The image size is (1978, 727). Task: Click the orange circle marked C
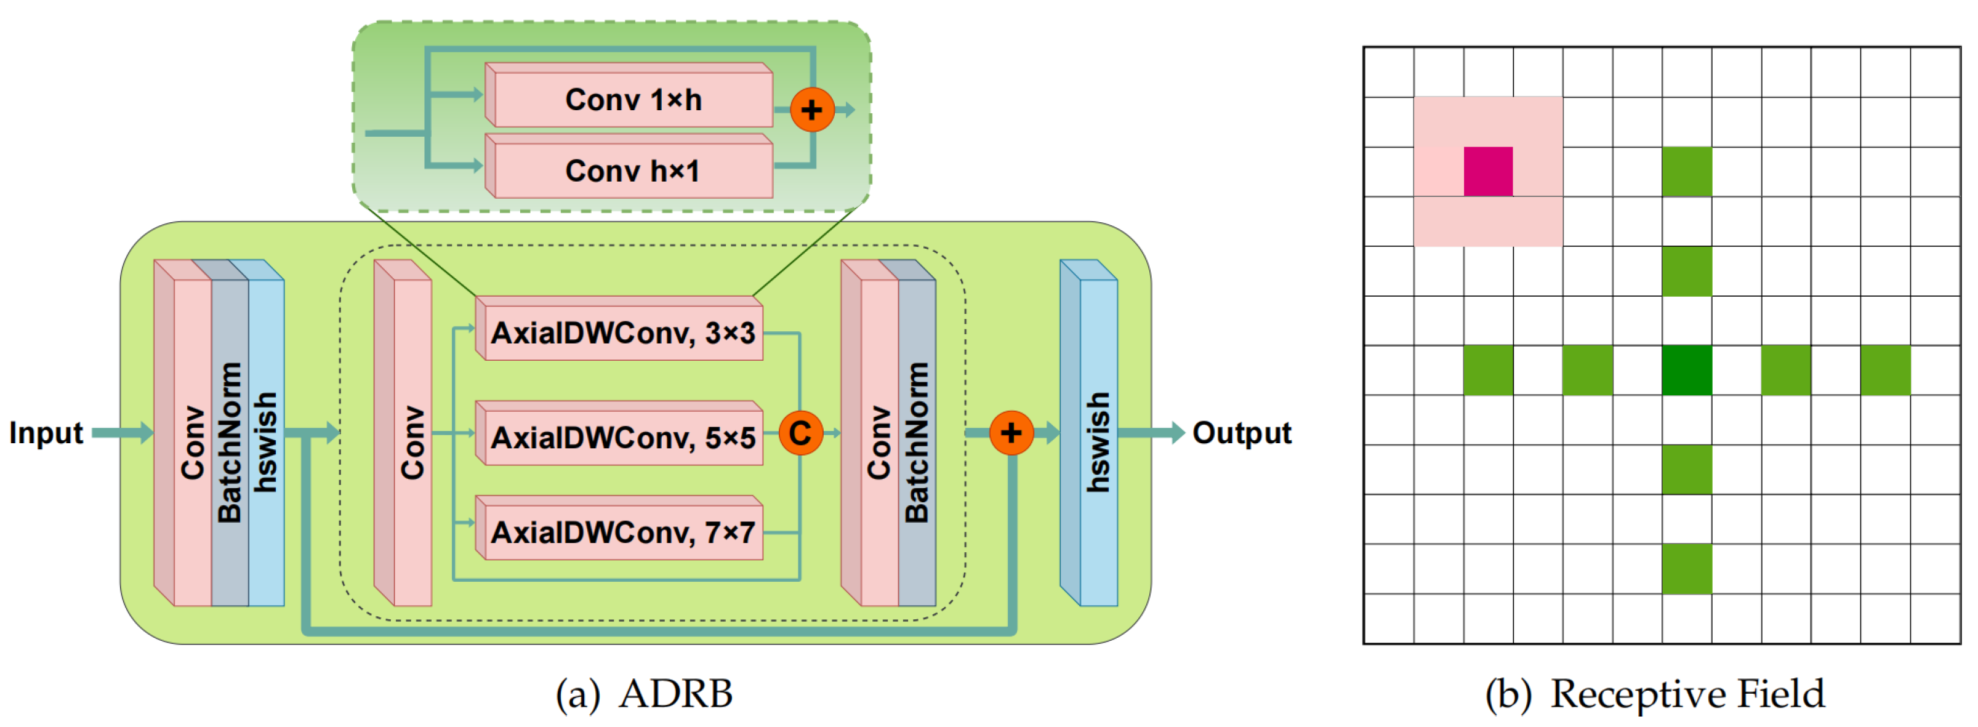tap(800, 433)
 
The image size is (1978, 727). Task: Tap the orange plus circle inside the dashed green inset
tap(811, 110)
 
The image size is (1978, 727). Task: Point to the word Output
tap(1241, 433)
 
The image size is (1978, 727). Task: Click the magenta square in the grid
tap(1487, 172)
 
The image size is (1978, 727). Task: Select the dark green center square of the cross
tap(1686, 370)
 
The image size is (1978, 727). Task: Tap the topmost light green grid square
tap(1686, 172)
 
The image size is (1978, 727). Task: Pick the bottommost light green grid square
tap(1686, 568)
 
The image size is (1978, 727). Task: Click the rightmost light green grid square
tap(1884, 370)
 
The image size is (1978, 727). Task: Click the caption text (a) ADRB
tap(643, 694)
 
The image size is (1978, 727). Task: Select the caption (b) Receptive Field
tap(1654, 694)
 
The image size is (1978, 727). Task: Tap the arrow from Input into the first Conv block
tap(123, 433)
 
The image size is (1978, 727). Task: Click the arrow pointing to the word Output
tap(1152, 433)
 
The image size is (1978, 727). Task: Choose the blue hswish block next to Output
tap(1096, 441)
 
